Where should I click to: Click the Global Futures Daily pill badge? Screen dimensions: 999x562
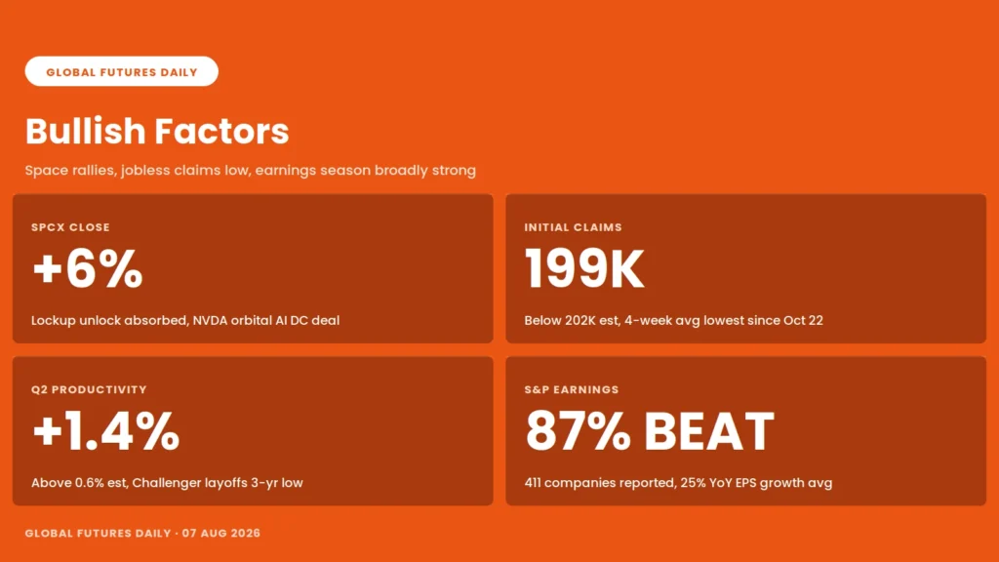coord(122,71)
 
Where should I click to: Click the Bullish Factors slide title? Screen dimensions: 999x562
coord(157,132)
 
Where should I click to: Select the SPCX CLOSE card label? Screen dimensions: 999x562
coord(70,227)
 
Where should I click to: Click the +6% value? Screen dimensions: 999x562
coord(87,269)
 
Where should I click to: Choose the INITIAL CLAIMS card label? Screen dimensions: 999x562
coord(574,227)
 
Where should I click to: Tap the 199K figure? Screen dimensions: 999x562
coord(584,269)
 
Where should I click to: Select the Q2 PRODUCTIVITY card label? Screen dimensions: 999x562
coord(89,390)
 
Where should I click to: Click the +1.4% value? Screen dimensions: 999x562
coord(105,431)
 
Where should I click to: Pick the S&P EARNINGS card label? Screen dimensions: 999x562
coord(572,390)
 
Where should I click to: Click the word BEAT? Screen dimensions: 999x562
coord(709,431)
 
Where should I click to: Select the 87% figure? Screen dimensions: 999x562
coord(578,431)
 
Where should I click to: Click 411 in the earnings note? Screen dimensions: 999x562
coord(533,483)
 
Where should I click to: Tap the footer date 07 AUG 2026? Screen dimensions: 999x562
coord(221,534)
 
